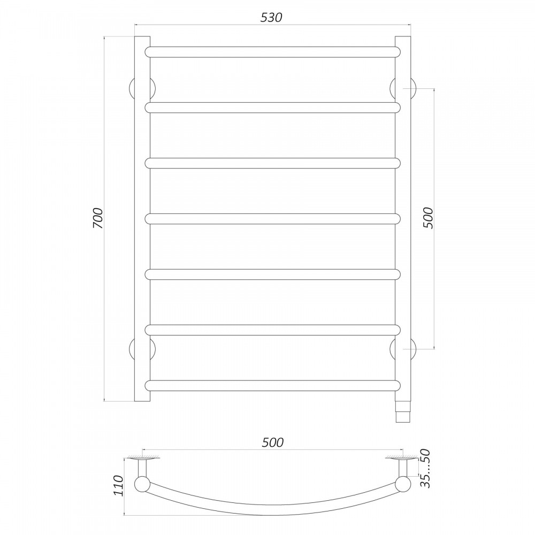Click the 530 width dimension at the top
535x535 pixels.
(x=271, y=18)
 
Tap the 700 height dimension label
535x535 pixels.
(x=97, y=218)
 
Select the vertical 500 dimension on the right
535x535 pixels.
(x=427, y=218)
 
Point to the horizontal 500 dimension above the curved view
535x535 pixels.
(x=273, y=442)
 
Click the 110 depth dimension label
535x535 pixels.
(x=118, y=486)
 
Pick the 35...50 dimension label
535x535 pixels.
(x=425, y=469)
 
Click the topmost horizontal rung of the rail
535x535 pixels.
(x=273, y=52)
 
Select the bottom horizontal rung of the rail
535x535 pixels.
(x=273, y=386)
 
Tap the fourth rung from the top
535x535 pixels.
(x=273, y=219)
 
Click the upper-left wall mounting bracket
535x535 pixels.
(x=142, y=88)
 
